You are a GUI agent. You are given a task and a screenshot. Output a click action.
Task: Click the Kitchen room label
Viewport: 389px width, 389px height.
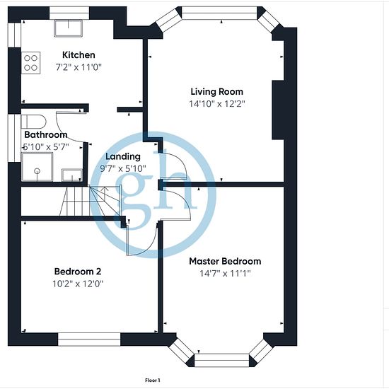click(79, 55)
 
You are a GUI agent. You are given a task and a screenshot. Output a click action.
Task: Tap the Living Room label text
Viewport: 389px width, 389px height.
click(217, 92)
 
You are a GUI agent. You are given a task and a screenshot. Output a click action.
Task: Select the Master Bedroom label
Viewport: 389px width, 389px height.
click(225, 261)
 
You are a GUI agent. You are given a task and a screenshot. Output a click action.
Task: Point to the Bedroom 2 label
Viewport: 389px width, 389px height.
click(78, 272)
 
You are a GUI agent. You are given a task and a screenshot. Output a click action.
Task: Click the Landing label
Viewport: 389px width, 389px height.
click(123, 156)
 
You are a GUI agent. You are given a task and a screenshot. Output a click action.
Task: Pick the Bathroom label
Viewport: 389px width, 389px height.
click(46, 134)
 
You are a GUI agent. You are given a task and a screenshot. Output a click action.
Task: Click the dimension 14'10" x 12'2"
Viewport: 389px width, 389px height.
click(217, 104)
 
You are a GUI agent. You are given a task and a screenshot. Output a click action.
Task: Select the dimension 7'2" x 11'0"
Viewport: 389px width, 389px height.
click(79, 67)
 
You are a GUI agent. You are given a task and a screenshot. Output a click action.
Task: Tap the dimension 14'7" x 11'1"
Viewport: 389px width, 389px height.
click(225, 274)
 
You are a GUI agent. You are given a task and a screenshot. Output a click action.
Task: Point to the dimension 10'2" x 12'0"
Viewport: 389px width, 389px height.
click(78, 284)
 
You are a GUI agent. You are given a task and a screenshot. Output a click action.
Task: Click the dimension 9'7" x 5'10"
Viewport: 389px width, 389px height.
click(123, 169)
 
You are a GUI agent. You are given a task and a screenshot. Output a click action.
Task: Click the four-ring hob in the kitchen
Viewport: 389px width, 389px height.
click(30, 63)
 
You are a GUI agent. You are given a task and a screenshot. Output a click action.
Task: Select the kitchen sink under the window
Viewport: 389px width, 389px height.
click(68, 28)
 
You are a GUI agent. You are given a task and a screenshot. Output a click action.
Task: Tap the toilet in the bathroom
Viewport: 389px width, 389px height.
click(34, 122)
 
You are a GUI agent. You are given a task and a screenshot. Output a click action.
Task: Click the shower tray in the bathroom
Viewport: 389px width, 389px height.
click(37, 167)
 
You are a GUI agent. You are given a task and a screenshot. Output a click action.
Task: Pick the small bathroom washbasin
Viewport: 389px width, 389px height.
click(72, 175)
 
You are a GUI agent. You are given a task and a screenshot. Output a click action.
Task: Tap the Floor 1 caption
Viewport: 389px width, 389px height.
click(153, 380)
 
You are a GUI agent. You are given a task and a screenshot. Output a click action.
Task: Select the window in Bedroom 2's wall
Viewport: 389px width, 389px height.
click(89, 339)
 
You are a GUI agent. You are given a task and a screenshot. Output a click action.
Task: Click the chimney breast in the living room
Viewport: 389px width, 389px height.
click(278, 110)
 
